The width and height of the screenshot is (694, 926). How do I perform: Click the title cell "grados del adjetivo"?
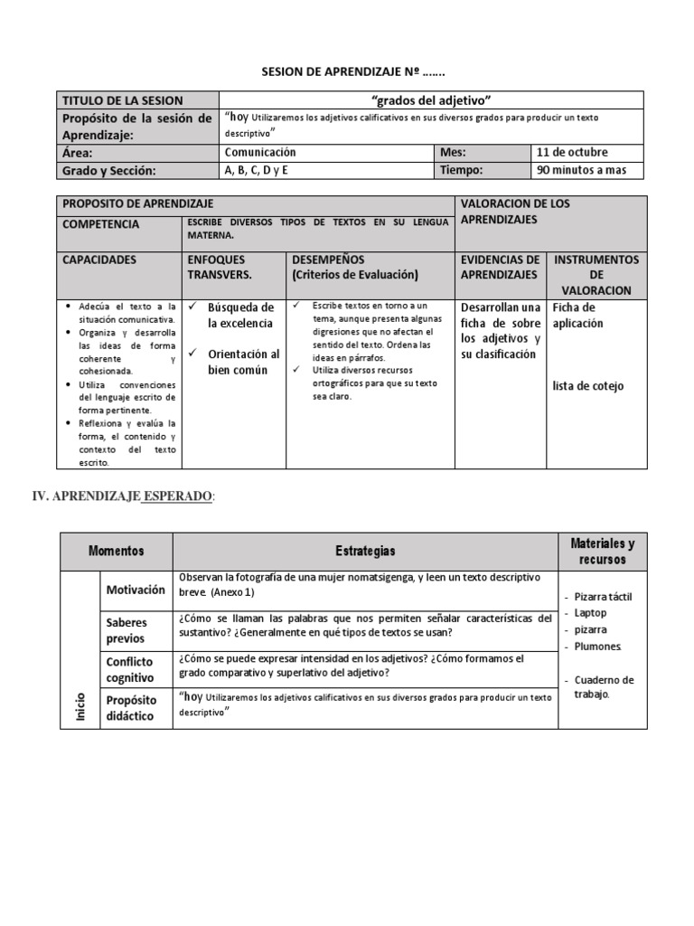pyautogui.click(x=431, y=100)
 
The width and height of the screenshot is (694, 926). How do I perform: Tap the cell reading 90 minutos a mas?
pyautogui.click(x=588, y=170)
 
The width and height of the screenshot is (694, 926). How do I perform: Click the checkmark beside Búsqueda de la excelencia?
pyautogui.click(x=193, y=307)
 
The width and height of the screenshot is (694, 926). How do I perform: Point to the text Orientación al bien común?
pyautogui.click(x=243, y=362)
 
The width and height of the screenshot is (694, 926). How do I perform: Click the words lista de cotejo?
pyautogui.click(x=587, y=386)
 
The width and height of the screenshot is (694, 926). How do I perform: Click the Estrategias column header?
pyautogui.click(x=365, y=551)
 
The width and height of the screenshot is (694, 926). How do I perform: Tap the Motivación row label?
pyautogui.click(x=136, y=590)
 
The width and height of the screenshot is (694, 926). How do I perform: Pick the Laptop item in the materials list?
pyautogui.click(x=590, y=612)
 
